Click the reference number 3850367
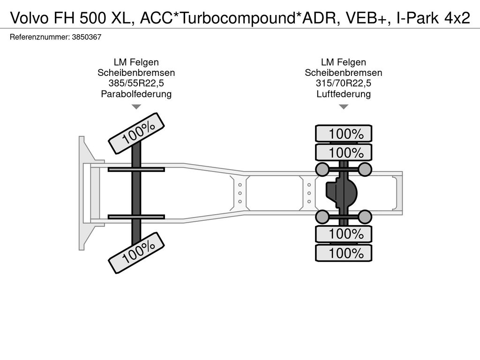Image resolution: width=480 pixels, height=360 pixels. [x=87, y=37]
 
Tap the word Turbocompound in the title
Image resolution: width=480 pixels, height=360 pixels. [x=236, y=18]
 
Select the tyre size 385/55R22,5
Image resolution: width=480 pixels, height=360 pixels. [x=136, y=83]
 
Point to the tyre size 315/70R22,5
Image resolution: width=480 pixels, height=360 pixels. [x=344, y=83]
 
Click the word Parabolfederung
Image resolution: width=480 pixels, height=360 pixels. [x=136, y=94]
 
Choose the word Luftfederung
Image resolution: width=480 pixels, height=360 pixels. [x=344, y=94]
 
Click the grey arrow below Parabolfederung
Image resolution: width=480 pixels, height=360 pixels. [x=136, y=106]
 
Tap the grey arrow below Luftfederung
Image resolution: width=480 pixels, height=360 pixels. [x=344, y=106]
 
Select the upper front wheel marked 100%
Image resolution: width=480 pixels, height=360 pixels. [x=136, y=133]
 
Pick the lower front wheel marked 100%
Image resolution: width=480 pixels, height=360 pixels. [x=136, y=253]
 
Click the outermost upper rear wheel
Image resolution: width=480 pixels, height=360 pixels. [x=344, y=134]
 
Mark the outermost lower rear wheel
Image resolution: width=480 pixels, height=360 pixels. [x=344, y=253]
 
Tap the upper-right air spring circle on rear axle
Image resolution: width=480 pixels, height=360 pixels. [x=365, y=169]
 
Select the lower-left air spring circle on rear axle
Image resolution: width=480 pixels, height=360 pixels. [x=322, y=217]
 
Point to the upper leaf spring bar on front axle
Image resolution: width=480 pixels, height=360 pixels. [x=136, y=169]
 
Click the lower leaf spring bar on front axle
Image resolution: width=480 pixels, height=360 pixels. [x=136, y=217]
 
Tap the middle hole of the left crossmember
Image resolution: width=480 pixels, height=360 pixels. [x=240, y=193]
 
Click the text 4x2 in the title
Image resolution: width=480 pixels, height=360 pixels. [x=457, y=18]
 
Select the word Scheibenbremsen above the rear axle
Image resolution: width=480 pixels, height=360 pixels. [x=344, y=73]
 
